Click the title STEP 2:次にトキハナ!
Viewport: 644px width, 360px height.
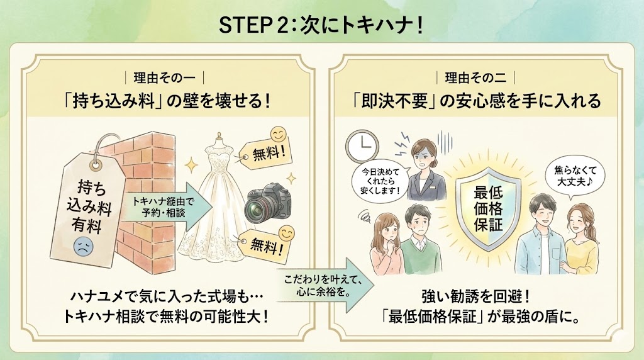coord(321,25)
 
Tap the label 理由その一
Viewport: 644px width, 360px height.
coord(164,77)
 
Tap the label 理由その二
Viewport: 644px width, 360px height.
coord(475,77)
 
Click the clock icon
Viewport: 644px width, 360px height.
coord(362,146)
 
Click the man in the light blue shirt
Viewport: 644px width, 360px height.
coord(538,236)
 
